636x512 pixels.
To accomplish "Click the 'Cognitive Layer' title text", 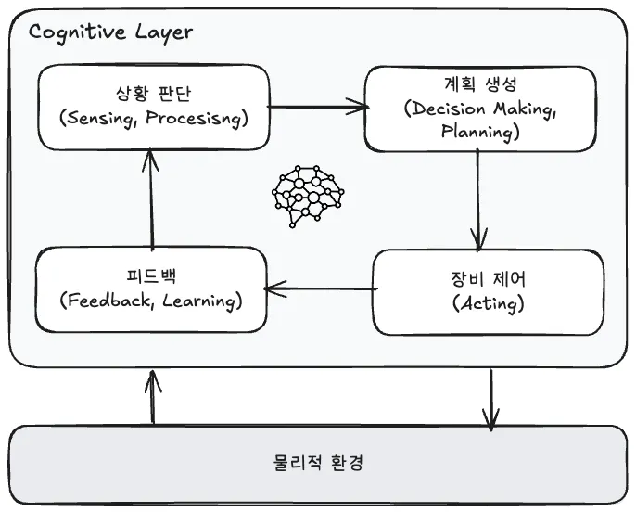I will (110, 32).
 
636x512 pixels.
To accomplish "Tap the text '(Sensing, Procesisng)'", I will (151, 117).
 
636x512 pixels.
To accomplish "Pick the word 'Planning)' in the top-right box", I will (478, 132).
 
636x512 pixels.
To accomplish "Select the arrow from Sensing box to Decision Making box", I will (317, 107).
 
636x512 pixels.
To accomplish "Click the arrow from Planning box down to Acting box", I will (478, 199).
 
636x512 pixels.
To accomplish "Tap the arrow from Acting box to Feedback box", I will (319, 290).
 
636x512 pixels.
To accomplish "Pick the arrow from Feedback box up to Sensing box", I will (151, 200).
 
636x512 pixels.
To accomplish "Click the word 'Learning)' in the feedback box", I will (201, 301).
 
